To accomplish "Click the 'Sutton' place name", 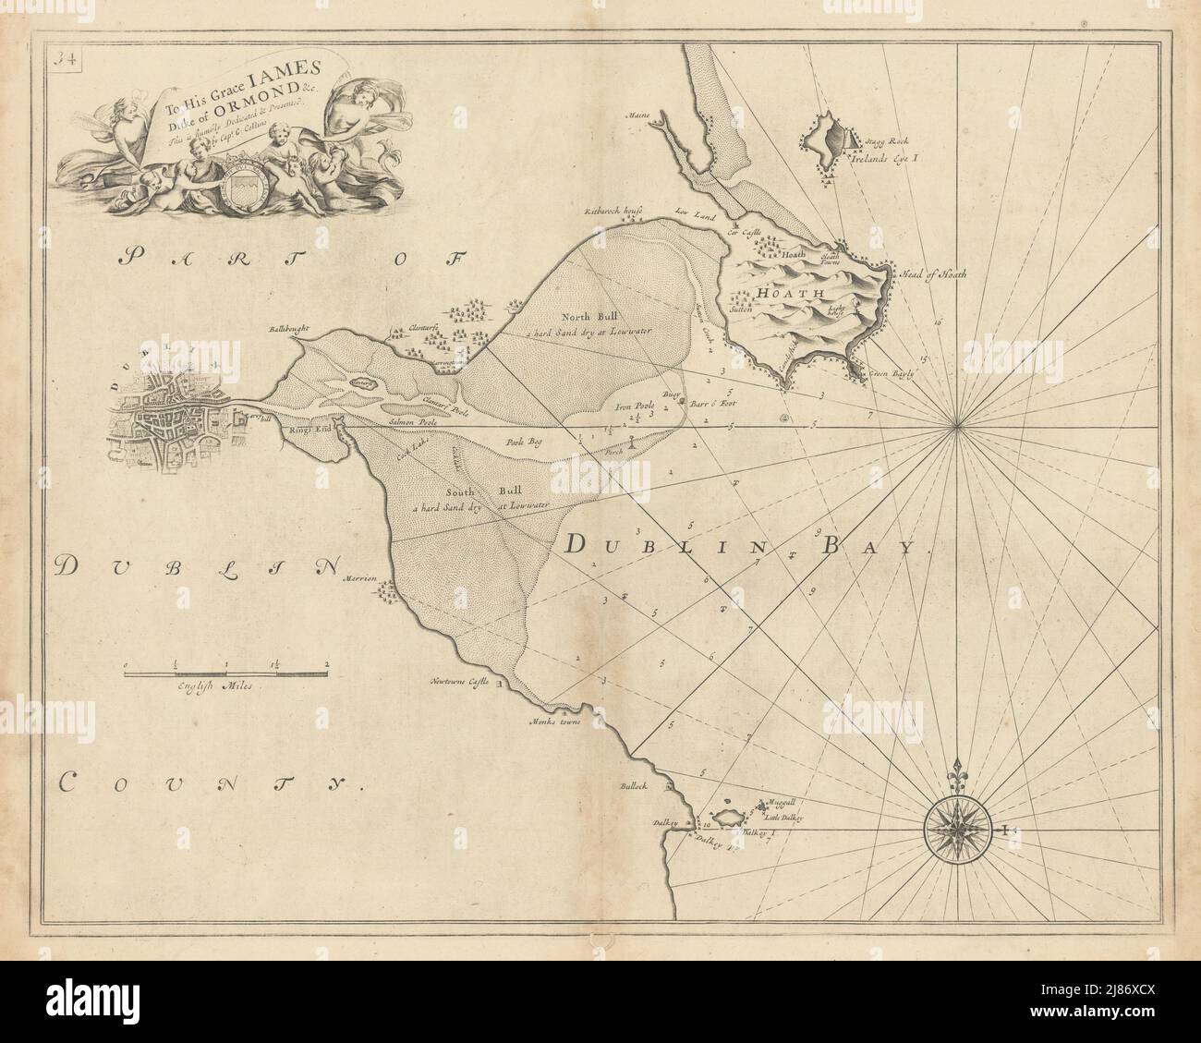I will pos(742,311).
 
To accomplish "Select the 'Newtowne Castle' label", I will pos(457,683).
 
